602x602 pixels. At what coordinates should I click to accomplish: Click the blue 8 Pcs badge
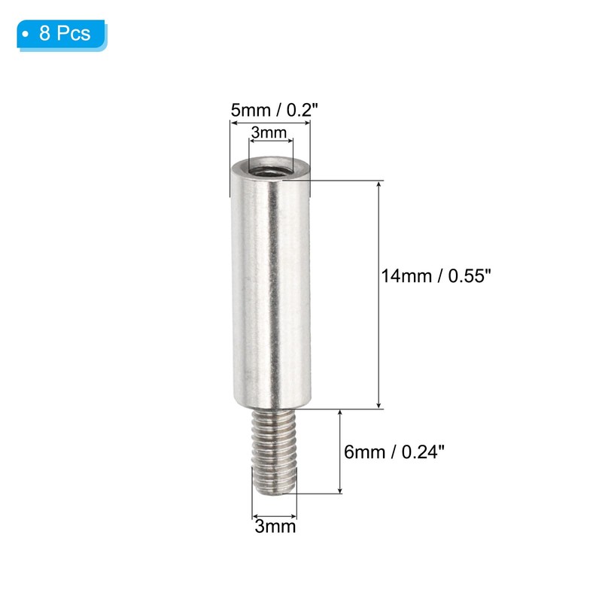click(x=62, y=35)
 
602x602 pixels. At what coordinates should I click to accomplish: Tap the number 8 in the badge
click(x=44, y=33)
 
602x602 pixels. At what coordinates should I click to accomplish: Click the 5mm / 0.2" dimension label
click(x=274, y=110)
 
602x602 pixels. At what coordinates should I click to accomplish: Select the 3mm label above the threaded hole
click(x=269, y=132)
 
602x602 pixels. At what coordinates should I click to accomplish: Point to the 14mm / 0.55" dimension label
click(x=436, y=276)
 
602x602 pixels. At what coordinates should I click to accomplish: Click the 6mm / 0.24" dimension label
click(x=394, y=452)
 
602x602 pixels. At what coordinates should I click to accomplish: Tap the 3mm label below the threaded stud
click(x=275, y=526)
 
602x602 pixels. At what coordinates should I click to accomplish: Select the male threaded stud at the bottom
click(x=274, y=452)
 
